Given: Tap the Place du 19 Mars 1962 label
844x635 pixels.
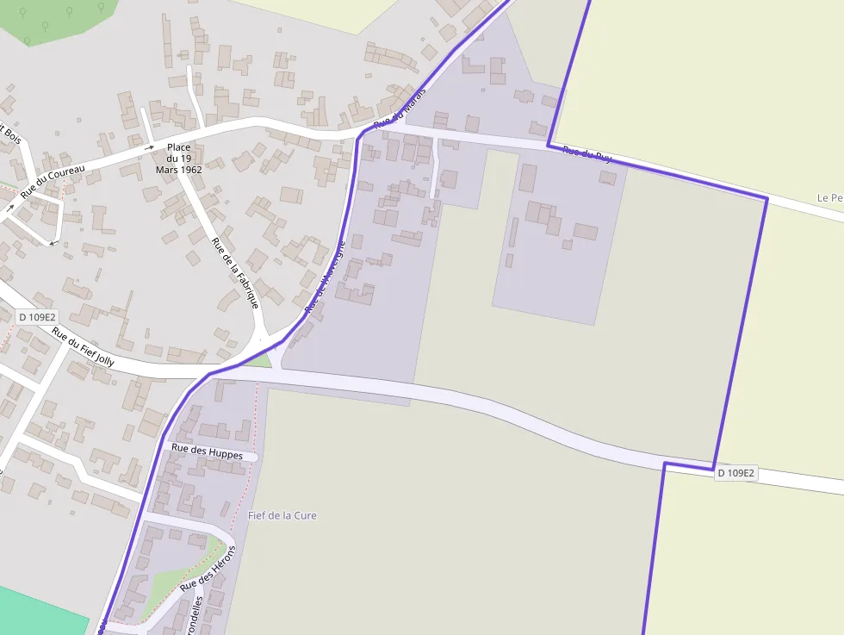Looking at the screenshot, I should click(179, 159).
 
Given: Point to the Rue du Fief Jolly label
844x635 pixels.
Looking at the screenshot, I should click(83, 346).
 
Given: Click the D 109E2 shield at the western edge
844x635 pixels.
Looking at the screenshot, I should click(38, 317).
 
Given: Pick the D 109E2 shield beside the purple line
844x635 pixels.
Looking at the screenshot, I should click(735, 473).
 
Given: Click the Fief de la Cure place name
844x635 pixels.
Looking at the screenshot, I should click(282, 515).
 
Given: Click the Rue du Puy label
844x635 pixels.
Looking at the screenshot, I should click(586, 155).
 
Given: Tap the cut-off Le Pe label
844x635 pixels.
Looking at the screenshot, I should click(829, 198).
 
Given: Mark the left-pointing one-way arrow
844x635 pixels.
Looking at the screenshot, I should click(53, 243).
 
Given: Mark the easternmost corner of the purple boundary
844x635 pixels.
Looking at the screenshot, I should click(766, 198).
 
